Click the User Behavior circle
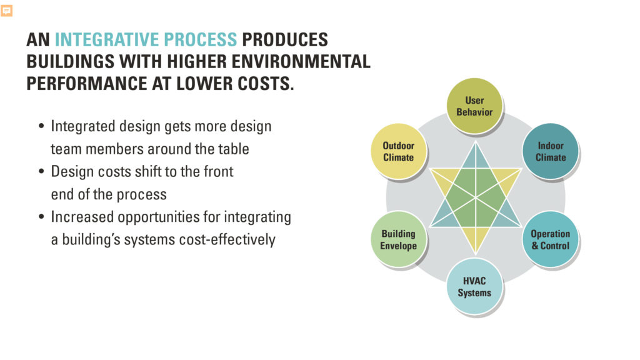(x=474, y=106)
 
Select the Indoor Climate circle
(x=550, y=151)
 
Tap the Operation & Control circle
(x=550, y=240)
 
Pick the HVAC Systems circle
(x=474, y=287)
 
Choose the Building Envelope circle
(x=398, y=240)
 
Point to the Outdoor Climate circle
(x=398, y=151)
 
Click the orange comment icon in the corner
(x=7, y=11)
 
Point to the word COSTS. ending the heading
(x=263, y=84)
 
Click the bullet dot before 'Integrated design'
(x=41, y=127)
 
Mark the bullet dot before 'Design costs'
(x=41, y=172)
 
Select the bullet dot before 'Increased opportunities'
(x=41, y=217)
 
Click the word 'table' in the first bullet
(x=232, y=149)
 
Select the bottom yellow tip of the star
(x=476, y=247)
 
